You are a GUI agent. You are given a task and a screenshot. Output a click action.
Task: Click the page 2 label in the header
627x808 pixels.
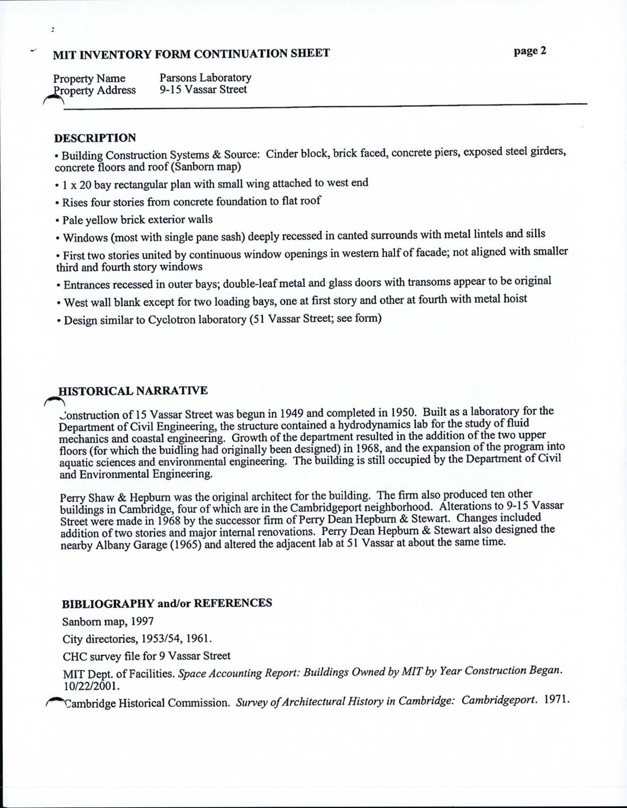point(530,51)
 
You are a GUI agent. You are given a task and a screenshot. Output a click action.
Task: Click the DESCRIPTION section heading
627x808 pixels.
point(95,138)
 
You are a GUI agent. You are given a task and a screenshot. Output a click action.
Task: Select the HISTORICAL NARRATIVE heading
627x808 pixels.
point(133,391)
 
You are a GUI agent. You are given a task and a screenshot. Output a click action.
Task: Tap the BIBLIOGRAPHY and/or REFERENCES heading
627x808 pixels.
point(167,603)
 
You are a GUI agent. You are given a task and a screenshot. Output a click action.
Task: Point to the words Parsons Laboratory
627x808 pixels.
point(205,78)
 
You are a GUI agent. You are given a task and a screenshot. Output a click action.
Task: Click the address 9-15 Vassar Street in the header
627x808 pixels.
point(203,89)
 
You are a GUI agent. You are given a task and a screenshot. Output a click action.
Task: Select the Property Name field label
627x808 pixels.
point(89,79)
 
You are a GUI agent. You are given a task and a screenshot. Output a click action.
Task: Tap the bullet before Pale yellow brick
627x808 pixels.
point(57,220)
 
